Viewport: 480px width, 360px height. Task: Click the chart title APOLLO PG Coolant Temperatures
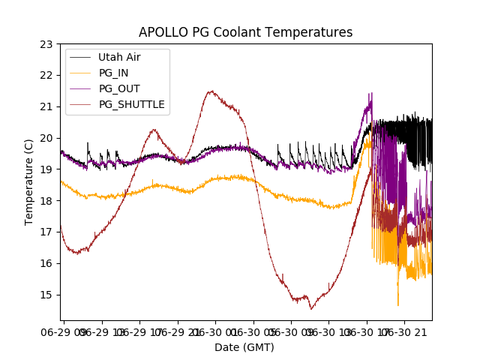click(245, 32)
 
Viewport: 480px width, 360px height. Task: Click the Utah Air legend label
click(119, 57)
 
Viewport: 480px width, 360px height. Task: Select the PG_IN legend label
click(113, 73)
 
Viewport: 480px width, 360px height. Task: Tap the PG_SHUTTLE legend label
click(132, 104)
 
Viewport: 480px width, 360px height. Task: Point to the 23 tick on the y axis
click(46, 44)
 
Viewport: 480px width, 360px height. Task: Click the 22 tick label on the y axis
click(46, 75)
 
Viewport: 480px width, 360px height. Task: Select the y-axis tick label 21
click(46, 106)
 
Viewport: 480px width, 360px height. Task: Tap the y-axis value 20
click(46, 138)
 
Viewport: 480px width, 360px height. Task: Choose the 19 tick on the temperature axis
click(46, 169)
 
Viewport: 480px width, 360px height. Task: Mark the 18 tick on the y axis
click(46, 201)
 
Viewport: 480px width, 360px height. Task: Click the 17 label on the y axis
click(46, 232)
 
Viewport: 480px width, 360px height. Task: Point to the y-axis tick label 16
click(46, 263)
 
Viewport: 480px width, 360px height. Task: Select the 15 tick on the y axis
click(46, 295)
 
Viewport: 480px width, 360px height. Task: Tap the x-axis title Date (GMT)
click(244, 347)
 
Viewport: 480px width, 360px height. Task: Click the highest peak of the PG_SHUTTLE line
click(211, 91)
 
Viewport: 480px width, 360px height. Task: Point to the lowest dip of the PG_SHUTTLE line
click(311, 308)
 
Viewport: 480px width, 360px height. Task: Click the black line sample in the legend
click(80, 57)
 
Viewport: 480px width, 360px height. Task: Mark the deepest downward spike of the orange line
click(398, 305)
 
